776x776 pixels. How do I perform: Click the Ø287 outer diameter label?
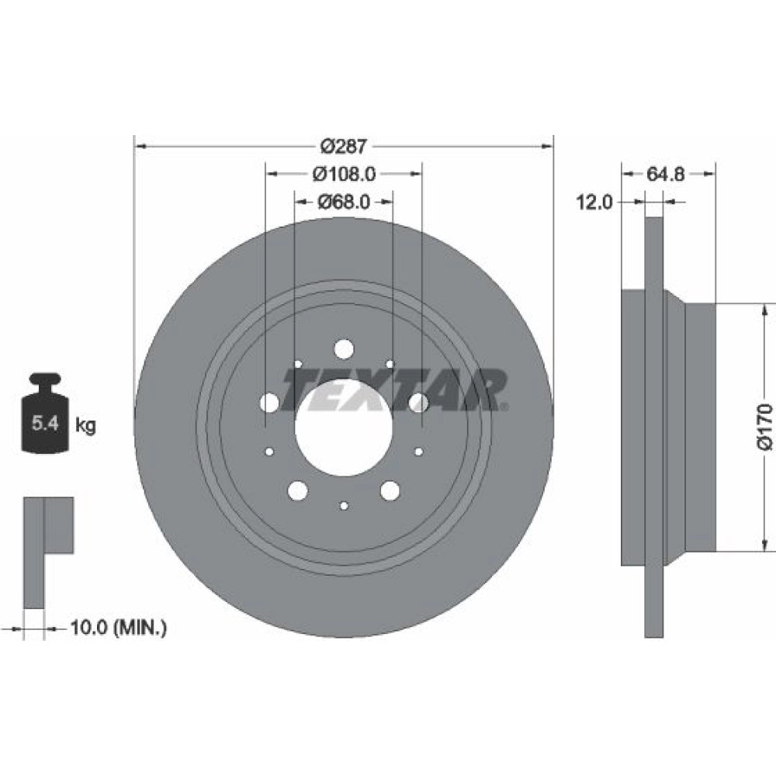344,146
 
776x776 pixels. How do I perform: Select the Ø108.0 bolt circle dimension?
344,174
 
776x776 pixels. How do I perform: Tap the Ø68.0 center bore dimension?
344,202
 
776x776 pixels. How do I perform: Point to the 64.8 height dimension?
666,174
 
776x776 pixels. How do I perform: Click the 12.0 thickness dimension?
594,202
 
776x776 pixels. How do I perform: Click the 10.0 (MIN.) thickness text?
119,628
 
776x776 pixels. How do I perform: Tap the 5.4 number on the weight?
45,424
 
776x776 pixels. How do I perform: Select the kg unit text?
85,424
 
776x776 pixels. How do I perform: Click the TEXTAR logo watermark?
394,390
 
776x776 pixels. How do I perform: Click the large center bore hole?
344,428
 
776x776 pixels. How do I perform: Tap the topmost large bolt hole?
344,349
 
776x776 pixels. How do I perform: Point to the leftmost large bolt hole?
269,403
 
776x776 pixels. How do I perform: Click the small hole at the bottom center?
344,505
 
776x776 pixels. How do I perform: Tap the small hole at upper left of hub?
298,364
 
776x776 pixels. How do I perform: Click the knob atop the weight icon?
45,380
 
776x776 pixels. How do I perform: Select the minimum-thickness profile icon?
48,553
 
